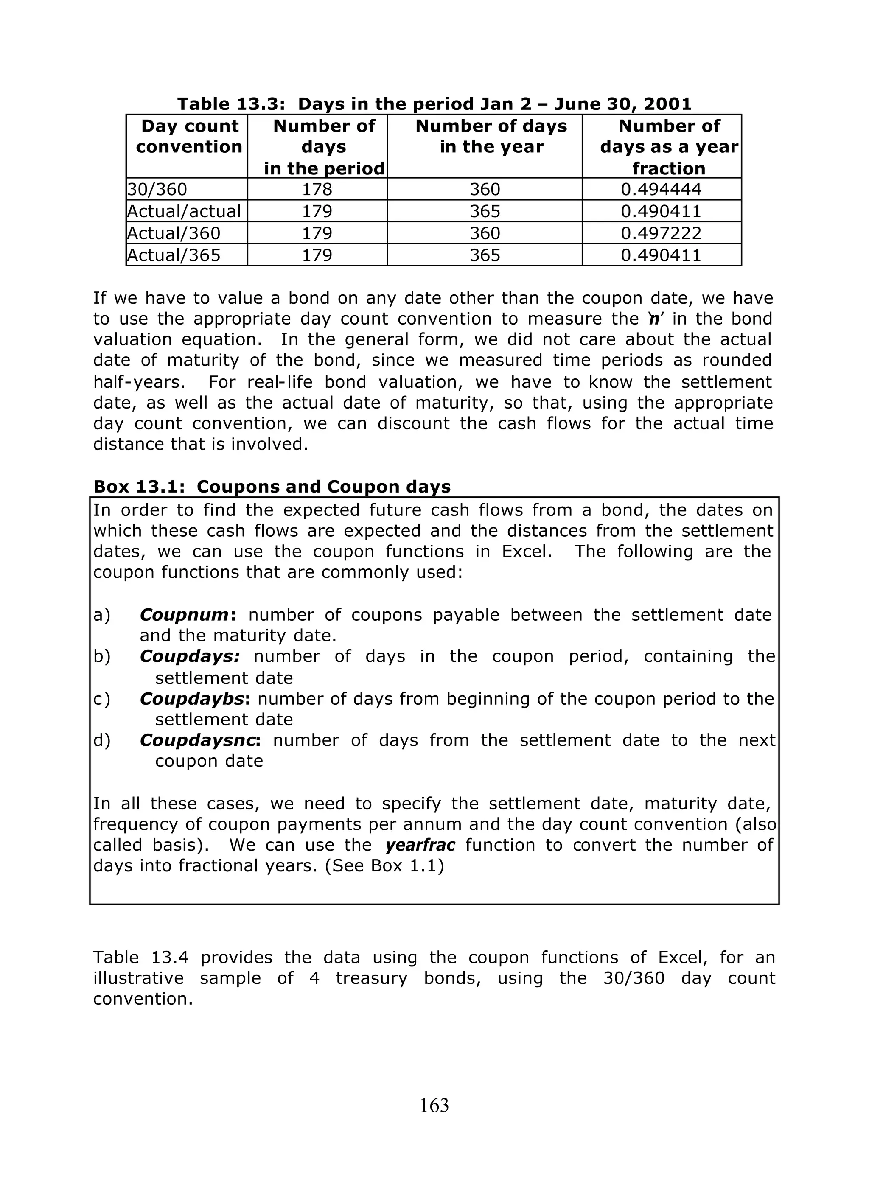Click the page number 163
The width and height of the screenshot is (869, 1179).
point(434,1105)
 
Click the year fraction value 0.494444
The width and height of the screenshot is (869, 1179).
point(661,189)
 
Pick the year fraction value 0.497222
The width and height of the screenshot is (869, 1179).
point(661,233)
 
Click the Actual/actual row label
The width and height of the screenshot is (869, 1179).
point(184,211)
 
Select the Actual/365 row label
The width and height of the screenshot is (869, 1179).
point(174,255)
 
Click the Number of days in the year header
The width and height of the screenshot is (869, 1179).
point(491,136)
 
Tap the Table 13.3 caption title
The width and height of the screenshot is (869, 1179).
point(434,104)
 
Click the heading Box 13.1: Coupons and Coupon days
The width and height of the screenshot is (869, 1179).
point(272,487)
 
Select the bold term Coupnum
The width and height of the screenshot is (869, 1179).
point(184,615)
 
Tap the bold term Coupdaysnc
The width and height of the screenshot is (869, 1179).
point(198,740)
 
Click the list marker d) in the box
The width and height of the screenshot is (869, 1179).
point(102,740)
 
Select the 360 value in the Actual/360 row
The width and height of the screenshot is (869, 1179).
point(485,233)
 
